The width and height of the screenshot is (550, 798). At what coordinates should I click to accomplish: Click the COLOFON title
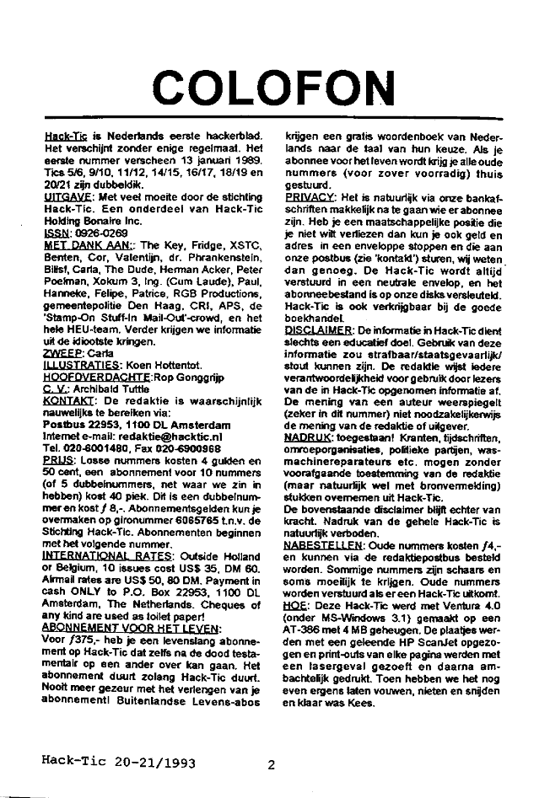click(x=275, y=84)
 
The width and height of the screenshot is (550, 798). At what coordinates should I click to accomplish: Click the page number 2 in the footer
click(x=271, y=765)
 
